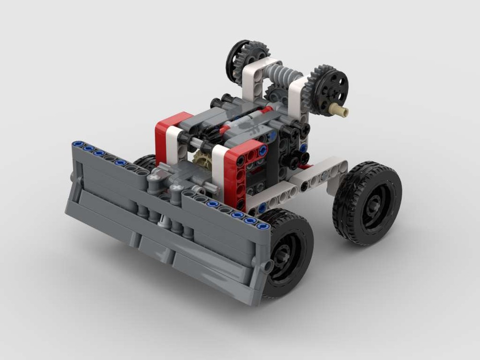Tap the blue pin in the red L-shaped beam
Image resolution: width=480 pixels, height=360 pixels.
coord(263,150)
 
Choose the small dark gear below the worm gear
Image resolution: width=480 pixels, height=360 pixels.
coord(275,94)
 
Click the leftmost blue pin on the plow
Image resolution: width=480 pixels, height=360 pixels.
coord(77,144)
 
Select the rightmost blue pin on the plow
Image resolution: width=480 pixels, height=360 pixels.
coord(262,226)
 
